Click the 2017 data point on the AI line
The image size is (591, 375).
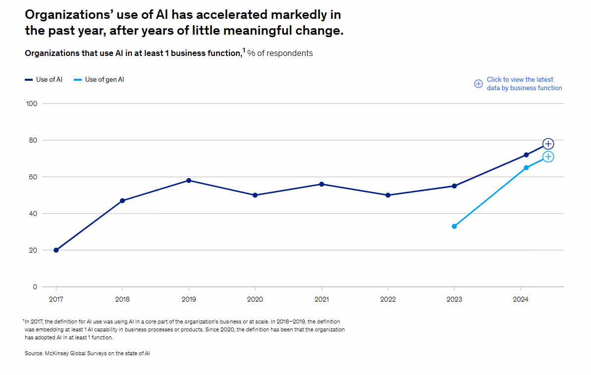(56, 250)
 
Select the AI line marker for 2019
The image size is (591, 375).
(189, 180)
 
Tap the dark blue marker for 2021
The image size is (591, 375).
(322, 184)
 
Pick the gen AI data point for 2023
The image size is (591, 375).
(454, 226)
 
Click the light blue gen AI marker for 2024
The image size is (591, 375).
(526, 167)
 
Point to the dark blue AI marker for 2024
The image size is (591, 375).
(526, 155)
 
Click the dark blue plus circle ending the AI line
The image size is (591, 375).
(548, 144)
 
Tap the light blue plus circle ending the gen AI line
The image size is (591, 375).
(548, 157)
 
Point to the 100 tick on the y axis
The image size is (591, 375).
(32, 104)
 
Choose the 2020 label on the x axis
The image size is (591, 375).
(255, 299)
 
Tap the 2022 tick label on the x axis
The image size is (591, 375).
(388, 299)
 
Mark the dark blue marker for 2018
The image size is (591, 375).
(122, 201)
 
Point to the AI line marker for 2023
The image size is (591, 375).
(454, 186)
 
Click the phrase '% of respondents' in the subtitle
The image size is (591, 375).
(280, 54)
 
